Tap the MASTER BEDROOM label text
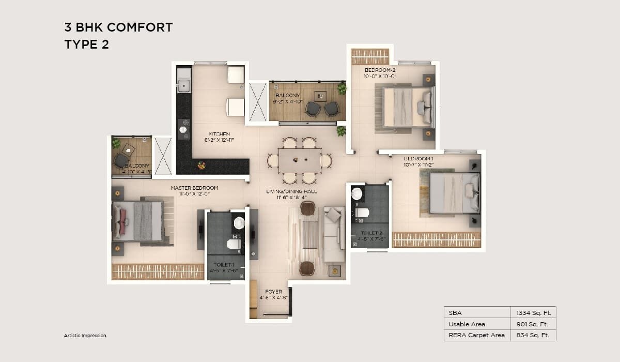click(x=194, y=188)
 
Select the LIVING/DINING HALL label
click(x=291, y=191)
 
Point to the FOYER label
click(x=273, y=292)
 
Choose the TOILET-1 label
click(x=220, y=264)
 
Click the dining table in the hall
click(x=299, y=160)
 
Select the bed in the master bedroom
click(x=138, y=221)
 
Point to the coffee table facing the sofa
click(x=309, y=234)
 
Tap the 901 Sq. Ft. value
click(x=532, y=324)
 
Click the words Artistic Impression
click(x=85, y=336)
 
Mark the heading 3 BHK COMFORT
click(x=118, y=27)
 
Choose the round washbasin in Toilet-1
click(x=239, y=223)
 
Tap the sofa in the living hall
click(x=333, y=234)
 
